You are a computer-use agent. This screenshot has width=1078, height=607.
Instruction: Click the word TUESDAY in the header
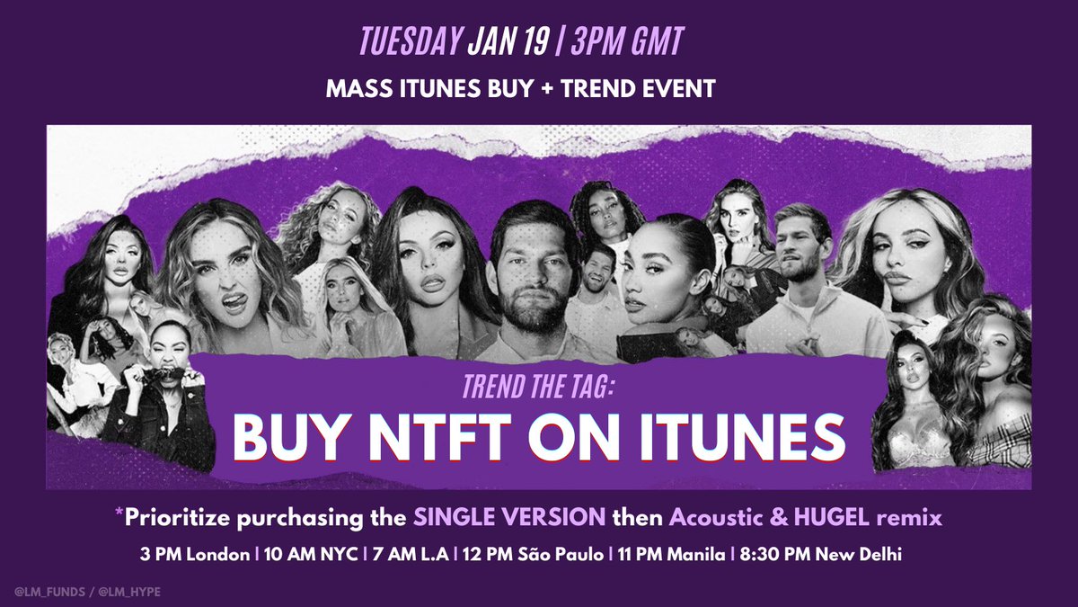point(410,42)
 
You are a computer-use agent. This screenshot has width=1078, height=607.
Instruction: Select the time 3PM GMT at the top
point(641,42)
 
